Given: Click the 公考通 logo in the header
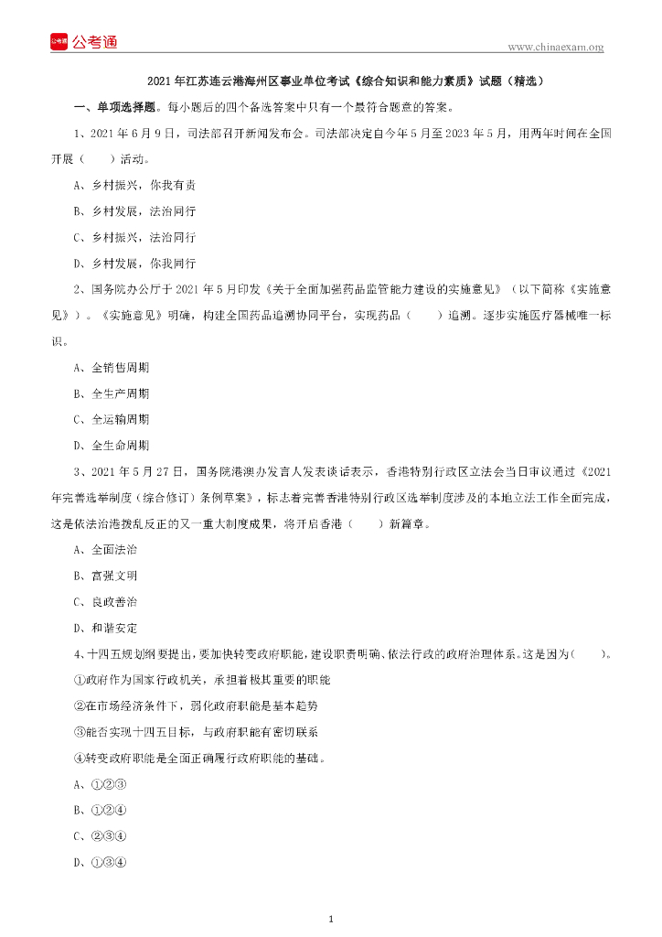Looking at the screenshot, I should coord(83,41).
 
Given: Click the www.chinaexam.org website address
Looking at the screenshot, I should coord(555,47).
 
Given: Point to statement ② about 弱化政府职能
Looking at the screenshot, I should coord(196,706).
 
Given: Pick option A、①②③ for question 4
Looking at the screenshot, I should coord(100,784).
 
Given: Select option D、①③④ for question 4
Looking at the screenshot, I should coord(100,862).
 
